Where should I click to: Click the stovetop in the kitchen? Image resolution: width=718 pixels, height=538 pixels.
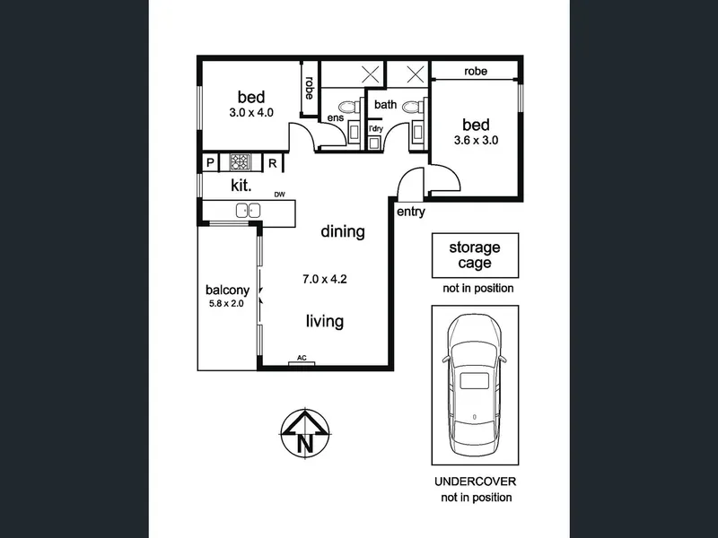coord(240,162)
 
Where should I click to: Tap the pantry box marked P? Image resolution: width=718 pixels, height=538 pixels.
coord(210,162)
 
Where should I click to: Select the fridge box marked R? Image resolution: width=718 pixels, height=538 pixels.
coord(273,163)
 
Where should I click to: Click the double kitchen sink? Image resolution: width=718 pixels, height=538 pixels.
coord(249,211)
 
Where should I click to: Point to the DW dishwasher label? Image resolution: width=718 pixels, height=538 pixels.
coord(279,195)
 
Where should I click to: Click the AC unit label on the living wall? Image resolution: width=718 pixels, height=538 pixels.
coord(302,358)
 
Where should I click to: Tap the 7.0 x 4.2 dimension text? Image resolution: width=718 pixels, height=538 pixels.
coord(325,279)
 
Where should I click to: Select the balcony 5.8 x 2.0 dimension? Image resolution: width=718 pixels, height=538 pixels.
coord(226,303)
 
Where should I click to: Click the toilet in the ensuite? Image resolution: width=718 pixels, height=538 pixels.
coord(349,108)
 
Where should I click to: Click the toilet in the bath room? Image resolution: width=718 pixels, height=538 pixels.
coord(413,108)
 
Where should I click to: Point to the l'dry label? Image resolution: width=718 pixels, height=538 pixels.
coord(375,128)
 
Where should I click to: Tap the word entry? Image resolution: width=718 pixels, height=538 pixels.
coord(411,212)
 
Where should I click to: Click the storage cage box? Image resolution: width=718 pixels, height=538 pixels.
coord(475,256)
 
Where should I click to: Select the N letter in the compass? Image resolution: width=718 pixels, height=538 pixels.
coord(305,443)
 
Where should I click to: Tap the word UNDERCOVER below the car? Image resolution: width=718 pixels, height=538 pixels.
coord(475,482)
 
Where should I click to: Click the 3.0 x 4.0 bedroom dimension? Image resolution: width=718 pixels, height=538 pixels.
coord(251,113)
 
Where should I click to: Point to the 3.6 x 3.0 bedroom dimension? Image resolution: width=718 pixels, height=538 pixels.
coord(476,141)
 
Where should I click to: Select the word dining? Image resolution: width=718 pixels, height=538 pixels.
coord(343,231)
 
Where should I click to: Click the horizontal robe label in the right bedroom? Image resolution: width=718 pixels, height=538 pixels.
coord(476,72)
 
